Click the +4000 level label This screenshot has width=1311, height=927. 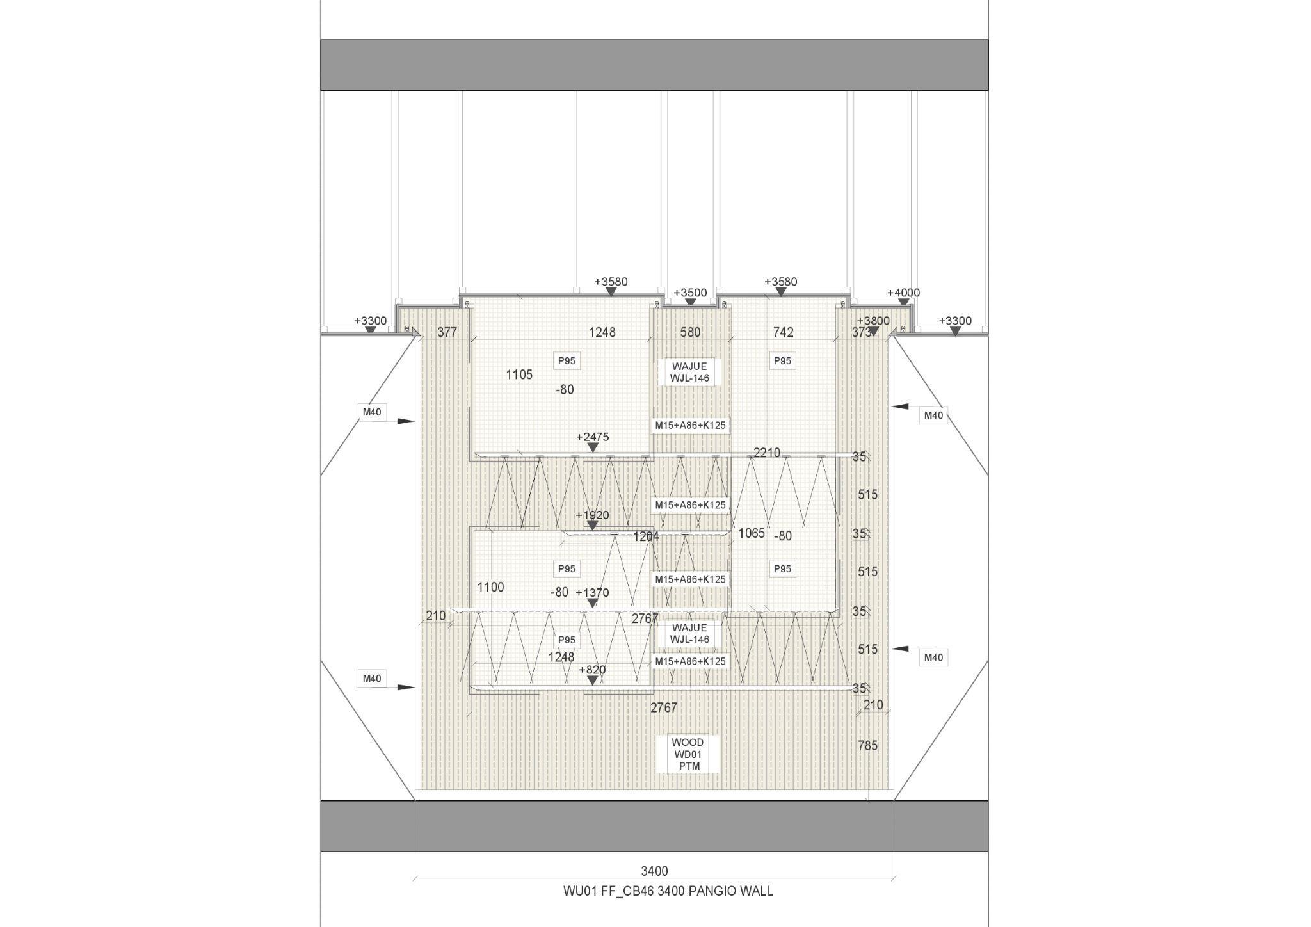[903, 293]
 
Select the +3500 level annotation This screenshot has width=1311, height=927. [690, 293]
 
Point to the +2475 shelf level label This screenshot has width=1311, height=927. [592, 437]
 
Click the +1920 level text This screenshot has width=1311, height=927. [592, 515]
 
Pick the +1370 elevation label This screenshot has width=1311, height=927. [592, 592]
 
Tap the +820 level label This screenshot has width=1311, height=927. [592, 670]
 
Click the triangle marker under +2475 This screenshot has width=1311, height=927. [593, 447]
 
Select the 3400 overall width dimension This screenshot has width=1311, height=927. [654, 871]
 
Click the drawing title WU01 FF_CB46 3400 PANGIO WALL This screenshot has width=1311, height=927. [668, 891]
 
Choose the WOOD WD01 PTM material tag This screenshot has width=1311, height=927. [688, 754]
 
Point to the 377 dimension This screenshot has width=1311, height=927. [447, 332]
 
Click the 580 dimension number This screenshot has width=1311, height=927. [690, 332]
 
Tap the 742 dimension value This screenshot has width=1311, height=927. [783, 332]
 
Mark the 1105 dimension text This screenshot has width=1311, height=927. [519, 375]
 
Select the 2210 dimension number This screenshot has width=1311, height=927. [766, 453]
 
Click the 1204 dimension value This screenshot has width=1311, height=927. [646, 536]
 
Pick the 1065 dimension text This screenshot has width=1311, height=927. [751, 533]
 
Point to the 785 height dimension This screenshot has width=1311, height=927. [867, 745]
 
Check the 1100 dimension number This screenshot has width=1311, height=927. [490, 586]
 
